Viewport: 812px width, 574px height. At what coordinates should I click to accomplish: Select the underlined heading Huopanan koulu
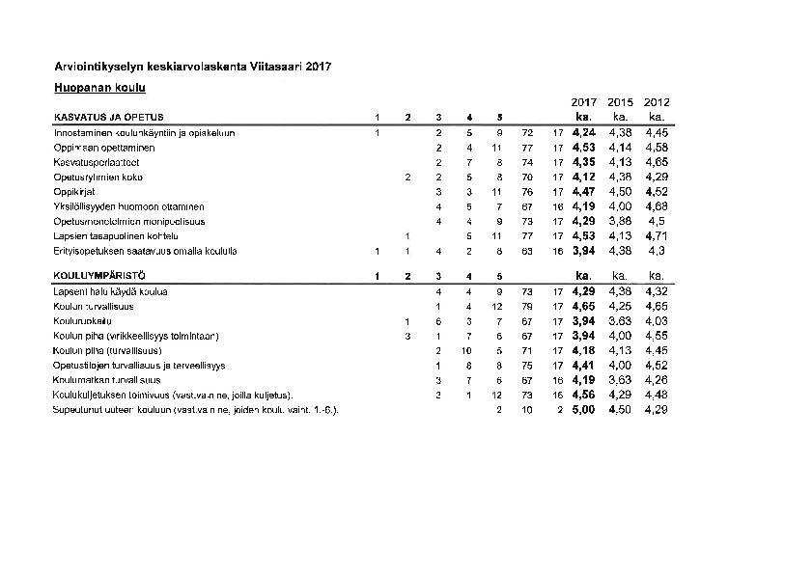coord(99,89)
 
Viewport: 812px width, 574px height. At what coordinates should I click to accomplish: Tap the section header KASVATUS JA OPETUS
coord(109,118)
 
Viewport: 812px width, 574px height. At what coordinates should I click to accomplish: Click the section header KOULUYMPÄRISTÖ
coord(95,277)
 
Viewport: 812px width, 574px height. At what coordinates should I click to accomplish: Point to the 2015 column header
coord(621,102)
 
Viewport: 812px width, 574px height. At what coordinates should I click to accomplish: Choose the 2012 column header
coord(657,102)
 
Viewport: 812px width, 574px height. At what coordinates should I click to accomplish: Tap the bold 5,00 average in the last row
coord(584,410)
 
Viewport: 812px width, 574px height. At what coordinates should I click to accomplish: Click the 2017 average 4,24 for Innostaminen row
coord(584,133)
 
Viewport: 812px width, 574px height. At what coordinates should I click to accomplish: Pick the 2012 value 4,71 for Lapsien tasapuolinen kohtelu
coord(657,235)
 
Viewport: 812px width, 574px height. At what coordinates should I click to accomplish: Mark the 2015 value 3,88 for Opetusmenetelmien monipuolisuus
coord(621,221)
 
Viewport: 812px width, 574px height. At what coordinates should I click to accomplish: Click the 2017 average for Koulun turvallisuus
coord(584,306)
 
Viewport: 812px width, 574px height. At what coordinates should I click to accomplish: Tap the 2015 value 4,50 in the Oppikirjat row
coord(621,192)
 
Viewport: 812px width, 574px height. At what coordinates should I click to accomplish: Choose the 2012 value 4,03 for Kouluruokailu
coord(657,321)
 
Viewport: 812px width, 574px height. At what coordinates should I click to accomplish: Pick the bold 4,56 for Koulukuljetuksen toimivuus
coord(584,396)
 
